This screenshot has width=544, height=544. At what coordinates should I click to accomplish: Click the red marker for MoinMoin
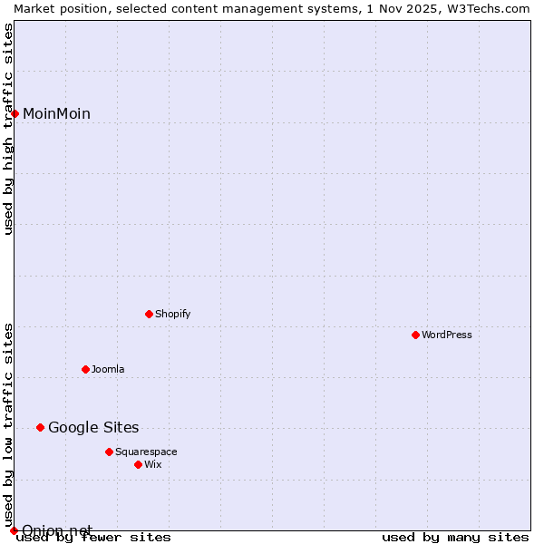pyautogui.click(x=15, y=113)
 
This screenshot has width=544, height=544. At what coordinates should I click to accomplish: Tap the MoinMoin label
pyautogui.click(x=56, y=113)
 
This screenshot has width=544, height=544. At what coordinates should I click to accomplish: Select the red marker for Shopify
pyautogui.click(x=149, y=314)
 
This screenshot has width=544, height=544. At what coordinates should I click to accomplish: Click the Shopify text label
pyautogui.click(x=172, y=314)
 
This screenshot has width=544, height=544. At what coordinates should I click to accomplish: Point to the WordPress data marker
pyautogui.click(x=415, y=335)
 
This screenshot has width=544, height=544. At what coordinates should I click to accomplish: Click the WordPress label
pyautogui.click(x=446, y=335)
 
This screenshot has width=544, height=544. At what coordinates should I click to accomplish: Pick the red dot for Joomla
pyautogui.click(x=85, y=369)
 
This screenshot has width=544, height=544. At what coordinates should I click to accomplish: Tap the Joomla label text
pyautogui.click(x=108, y=369)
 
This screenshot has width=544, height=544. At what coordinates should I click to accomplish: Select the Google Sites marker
pyautogui.click(x=40, y=427)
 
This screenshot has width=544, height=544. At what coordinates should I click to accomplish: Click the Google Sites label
pyautogui.click(x=93, y=427)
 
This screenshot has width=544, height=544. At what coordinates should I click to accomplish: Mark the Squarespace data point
pyautogui.click(x=109, y=452)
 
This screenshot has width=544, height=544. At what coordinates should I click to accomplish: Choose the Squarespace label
pyautogui.click(x=146, y=452)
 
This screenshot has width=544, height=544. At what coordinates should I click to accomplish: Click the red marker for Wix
pyautogui.click(x=138, y=464)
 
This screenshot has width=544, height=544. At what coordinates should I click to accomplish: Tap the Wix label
pyautogui.click(x=152, y=464)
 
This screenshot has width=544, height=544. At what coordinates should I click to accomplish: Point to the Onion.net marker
pyautogui.click(x=14, y=530)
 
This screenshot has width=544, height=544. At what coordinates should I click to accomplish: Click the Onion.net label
pyautogui.click(x=56, y=529)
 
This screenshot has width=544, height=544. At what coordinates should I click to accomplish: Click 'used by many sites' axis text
pyautogui.click(x=455, y=537)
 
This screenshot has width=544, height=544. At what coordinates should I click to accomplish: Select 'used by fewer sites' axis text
pyautogui.click(x=93, y=537)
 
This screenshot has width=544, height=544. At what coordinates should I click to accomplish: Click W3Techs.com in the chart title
pyautogui.click(x=487, y=8)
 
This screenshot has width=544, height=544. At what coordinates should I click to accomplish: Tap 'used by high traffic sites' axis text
pyautogui.click(x=8, y=129)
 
